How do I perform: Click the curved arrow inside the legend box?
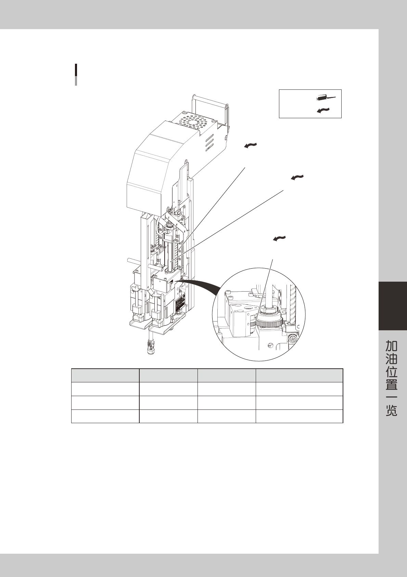(323, 110)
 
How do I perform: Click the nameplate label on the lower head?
(180, 304)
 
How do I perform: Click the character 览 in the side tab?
(392, 410)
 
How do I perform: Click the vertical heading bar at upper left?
(76, 74)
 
